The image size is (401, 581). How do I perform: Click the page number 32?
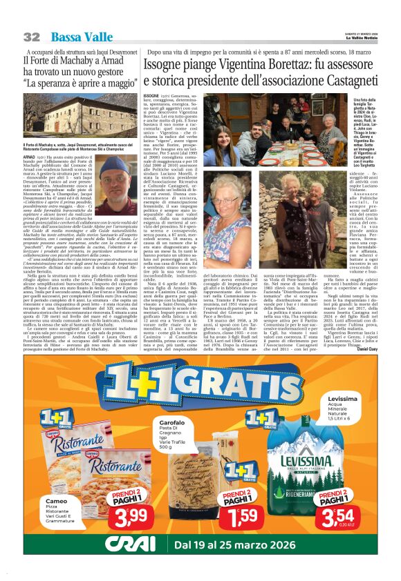tap(32, 37)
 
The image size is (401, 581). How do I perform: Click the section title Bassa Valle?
tap(77, 37)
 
